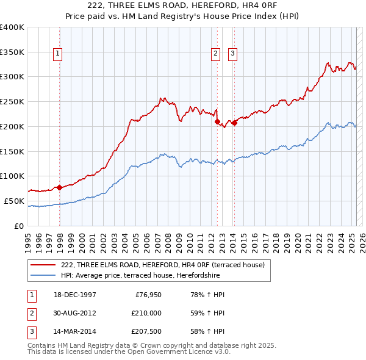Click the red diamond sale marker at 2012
tap(217, 122)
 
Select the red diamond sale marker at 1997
tap(60, 187)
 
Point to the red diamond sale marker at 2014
tap(234, 123)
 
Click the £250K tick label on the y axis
tap(12, 101)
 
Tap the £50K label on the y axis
tap(15, 201)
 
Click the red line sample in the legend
tap(43, 265)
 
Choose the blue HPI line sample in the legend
tap(43, 275)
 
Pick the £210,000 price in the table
tap(146, 313)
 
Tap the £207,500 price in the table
tap(146, 331)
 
